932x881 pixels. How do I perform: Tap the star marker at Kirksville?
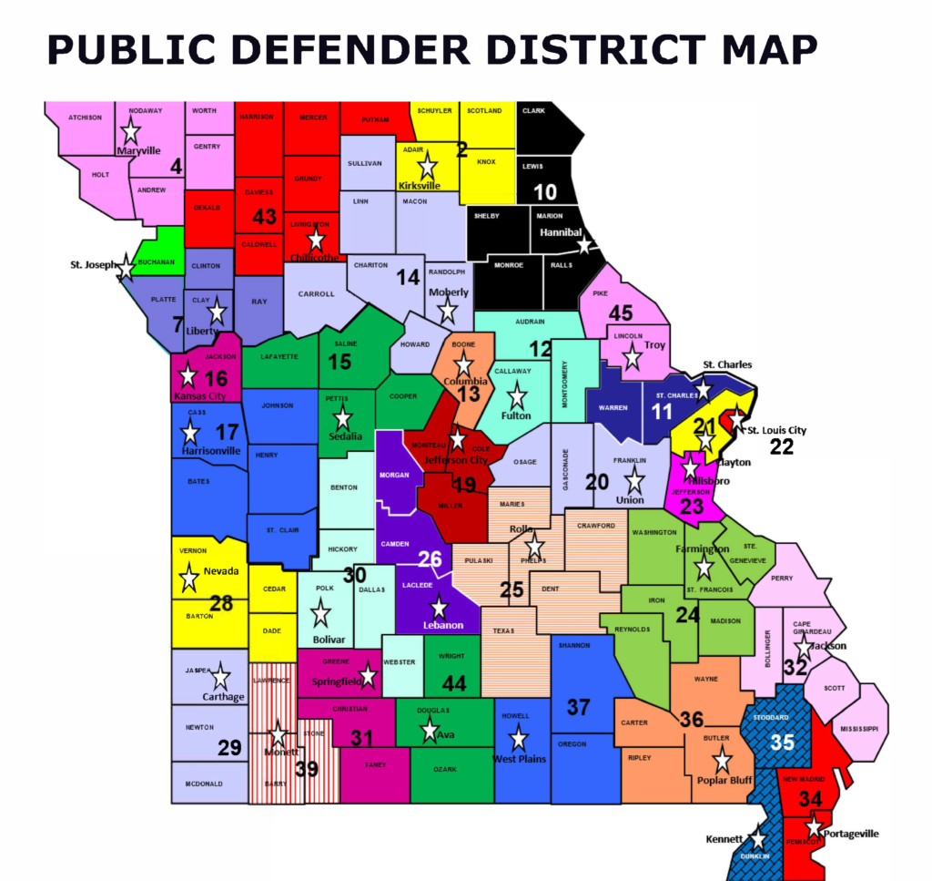(x=427, y=166)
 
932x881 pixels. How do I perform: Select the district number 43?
(x=263, y=217)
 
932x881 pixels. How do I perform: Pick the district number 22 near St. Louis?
(x=781, y=446)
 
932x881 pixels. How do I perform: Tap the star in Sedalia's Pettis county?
(x=343, y=418)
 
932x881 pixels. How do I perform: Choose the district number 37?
(x=579, y=706)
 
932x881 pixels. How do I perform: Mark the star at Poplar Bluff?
(x=722, y=758)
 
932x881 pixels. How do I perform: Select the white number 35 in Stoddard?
(x=783, y=742)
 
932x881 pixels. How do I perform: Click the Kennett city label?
(x=724, y=838)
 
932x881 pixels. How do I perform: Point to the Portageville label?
(x=851, y=834)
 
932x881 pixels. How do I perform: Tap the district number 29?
(x=229, y=748)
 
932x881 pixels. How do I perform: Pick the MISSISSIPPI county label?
(x=858, y=729)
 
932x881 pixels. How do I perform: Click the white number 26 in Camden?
(x=429, y=558)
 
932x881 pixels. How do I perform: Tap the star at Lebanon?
(x=440, y=608)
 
